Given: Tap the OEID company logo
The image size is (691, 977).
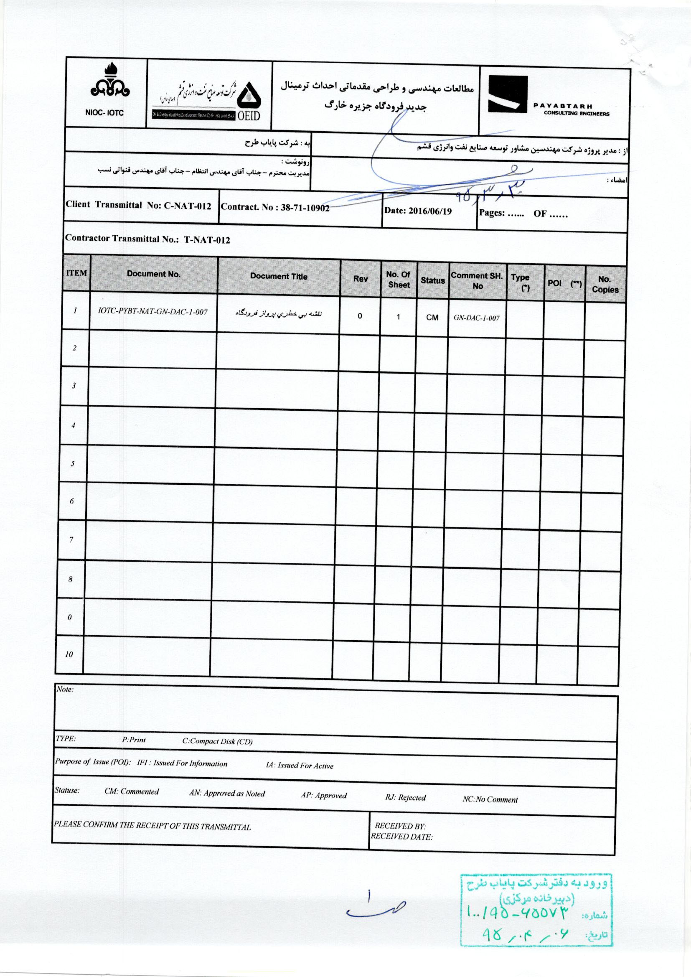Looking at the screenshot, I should coord(247,101).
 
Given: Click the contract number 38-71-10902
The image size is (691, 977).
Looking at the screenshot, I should coord(305,208).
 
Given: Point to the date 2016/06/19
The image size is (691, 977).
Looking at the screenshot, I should coord(430,211).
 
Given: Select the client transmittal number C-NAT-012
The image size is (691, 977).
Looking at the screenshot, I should coord(187,206).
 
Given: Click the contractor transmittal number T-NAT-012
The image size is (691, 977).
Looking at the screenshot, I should coord(207,240).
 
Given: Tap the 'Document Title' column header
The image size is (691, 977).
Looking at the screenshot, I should coord(278,276).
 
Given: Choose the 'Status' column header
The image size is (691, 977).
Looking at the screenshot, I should coord(432,280).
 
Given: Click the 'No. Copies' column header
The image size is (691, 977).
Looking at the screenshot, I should coord(605,284).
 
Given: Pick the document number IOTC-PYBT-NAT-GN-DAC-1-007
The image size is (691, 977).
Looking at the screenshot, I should coord(153,311).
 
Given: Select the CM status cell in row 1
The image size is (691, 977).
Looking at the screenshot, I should coord(432,318).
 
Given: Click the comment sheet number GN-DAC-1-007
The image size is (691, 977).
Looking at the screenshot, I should coord(477,318).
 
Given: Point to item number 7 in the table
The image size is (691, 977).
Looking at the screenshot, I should coord(71,539).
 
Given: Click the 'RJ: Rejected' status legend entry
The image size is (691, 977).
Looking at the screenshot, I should coord(405,797).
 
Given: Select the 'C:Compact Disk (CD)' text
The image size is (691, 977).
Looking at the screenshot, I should coord(217,741).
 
